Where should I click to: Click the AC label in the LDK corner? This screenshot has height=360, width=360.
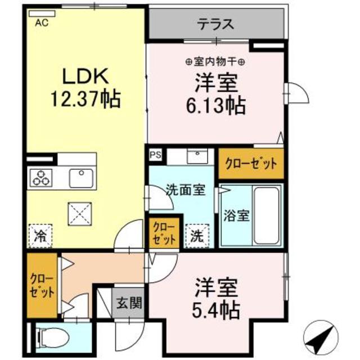pos(41,23)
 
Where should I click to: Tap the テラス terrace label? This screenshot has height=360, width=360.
pos(216,24)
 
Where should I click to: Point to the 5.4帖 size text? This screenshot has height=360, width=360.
pos(217,308)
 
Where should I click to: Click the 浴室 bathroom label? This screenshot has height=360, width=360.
pos(233,215)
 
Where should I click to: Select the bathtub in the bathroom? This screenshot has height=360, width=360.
pos(267,215)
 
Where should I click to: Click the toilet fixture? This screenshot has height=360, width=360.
pos(53,338)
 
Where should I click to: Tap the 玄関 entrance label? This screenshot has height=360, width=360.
pos(128,304)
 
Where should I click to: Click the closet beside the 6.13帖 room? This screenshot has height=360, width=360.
pos(251,164)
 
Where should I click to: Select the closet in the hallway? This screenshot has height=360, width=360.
pos(42,286)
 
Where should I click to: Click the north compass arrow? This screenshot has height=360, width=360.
pos(319,338)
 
